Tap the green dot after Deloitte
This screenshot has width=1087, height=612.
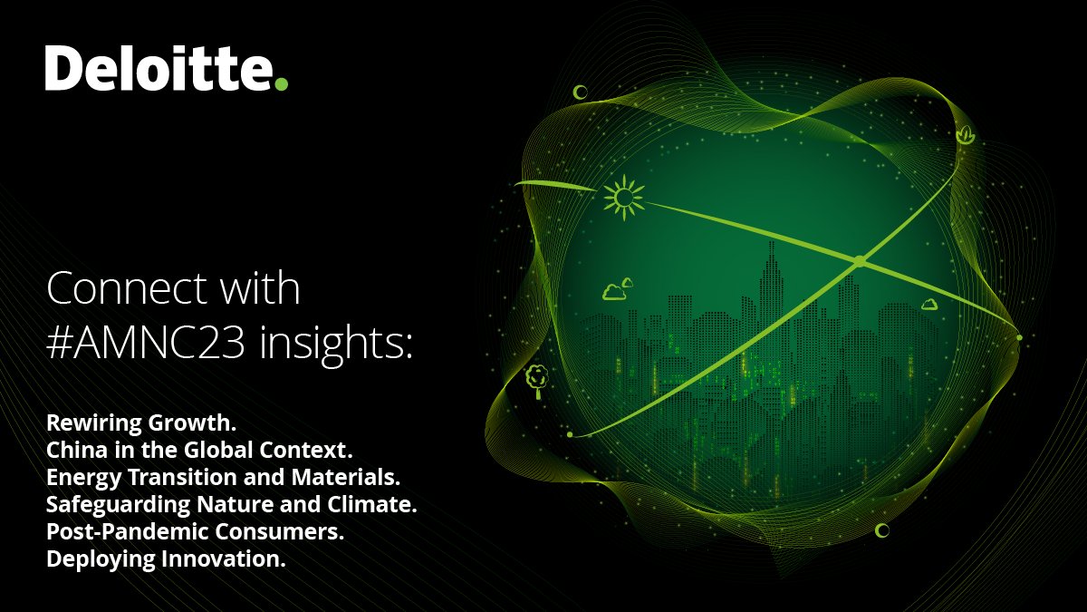click(x=281, y=83)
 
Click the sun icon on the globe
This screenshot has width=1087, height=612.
click(x=623, y=197)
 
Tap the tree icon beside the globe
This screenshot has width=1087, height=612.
click(x=537, y=379)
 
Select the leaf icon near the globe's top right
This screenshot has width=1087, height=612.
click(x=966, y=136)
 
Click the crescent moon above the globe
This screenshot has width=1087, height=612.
click(x=580, y=92)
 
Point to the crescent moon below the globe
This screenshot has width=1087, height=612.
click(x=881, y=529)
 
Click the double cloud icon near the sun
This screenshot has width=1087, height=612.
click(x=618, y=289)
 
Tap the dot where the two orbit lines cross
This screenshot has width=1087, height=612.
click(x=859, y=261)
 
